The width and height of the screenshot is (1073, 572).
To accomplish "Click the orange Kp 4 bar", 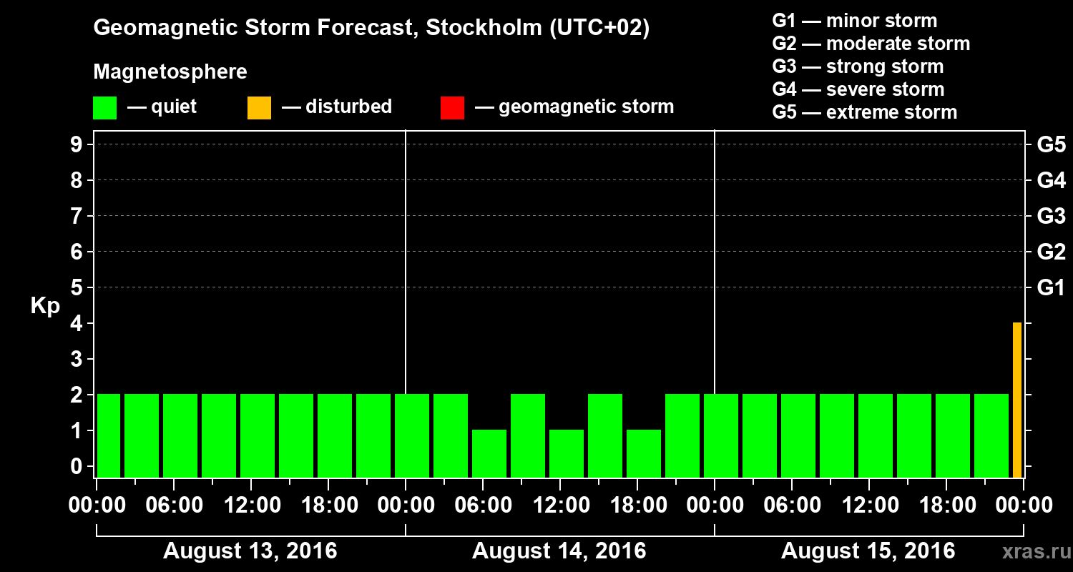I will coord(1016,400).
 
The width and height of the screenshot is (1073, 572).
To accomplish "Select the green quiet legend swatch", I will coord(104,108).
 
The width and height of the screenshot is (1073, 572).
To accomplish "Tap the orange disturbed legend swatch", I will coord(259,108).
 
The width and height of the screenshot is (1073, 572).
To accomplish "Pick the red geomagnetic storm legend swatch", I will coord(452,108).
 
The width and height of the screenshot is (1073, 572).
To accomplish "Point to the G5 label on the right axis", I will coord(1051,145).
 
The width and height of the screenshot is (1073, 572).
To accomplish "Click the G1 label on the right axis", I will coord(1051,288).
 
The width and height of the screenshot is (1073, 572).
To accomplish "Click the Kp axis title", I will coord(45,306).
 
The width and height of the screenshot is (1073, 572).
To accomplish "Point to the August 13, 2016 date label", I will coord(250,551).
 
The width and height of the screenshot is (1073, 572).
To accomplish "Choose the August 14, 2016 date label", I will coord(559,551).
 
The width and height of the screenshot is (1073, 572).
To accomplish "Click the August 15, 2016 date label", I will coord(868,551).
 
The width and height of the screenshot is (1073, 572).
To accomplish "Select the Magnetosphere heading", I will coord(170,72).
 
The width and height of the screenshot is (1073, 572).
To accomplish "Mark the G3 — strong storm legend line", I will coord(858,66).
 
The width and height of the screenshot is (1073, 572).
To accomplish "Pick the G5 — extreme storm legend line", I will coord(864,112).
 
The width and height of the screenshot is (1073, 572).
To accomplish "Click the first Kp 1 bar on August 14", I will coord(489,453).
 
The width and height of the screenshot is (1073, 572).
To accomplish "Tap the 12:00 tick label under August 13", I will coord(251,506).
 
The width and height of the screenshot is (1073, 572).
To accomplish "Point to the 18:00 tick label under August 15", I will coord(945,506).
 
